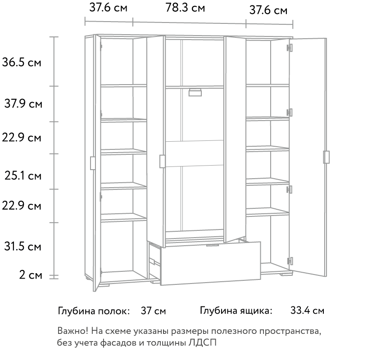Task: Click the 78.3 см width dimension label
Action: point(185,8)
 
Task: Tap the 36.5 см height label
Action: point(21,62)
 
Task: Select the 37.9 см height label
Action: point(23,103)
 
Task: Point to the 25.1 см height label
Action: point(23,176)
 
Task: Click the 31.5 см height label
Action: point(23,247)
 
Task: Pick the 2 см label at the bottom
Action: point(31,275)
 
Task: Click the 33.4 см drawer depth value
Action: point(308,310)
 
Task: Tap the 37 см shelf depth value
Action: point(153,311)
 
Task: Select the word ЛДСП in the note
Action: point(203,342)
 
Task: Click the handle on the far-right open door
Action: point(327,157)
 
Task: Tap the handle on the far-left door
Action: point(92,163)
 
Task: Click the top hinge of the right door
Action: point(290,48)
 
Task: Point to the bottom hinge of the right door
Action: point(290,261)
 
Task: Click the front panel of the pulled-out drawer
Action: point(211,264)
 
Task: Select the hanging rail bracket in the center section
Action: point(195,92)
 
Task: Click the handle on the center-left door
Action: point(162,162)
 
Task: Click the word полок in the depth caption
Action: point(114,311)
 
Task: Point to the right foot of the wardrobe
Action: point(286,274)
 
